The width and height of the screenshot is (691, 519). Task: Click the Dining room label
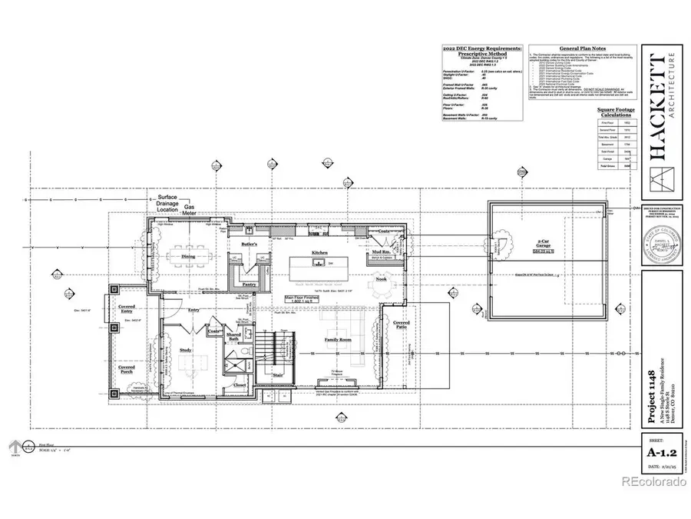187,257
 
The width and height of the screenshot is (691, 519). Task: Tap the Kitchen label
320,252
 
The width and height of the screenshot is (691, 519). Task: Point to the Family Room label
338,339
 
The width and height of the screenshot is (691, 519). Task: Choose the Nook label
381,280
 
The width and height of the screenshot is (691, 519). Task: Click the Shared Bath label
234,339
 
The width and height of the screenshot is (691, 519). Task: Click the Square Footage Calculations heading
617,114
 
